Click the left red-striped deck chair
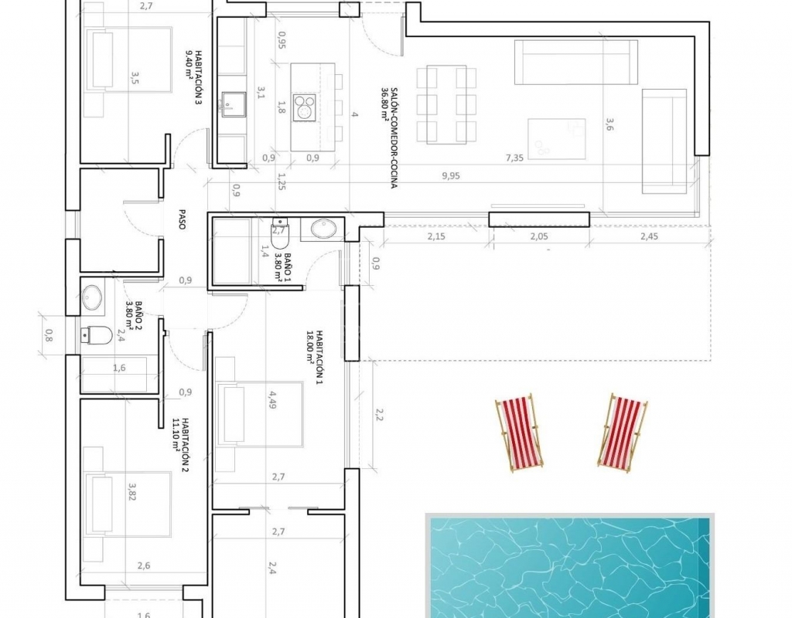click(x=519, y=433)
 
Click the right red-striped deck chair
click(x=623, y=433)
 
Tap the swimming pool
click(x=570, y=565)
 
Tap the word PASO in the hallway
click(x=182, y=219)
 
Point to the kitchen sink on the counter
click(x=233, y=104)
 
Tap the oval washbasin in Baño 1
click(x=323, y=229)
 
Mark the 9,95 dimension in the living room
click(x=451, y=175)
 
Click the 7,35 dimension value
click(x=514, y=158)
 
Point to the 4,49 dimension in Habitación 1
click(x=272, y=399)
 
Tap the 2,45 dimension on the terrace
click(x=649, y=236)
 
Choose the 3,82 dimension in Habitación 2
click(x=132, y=492)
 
